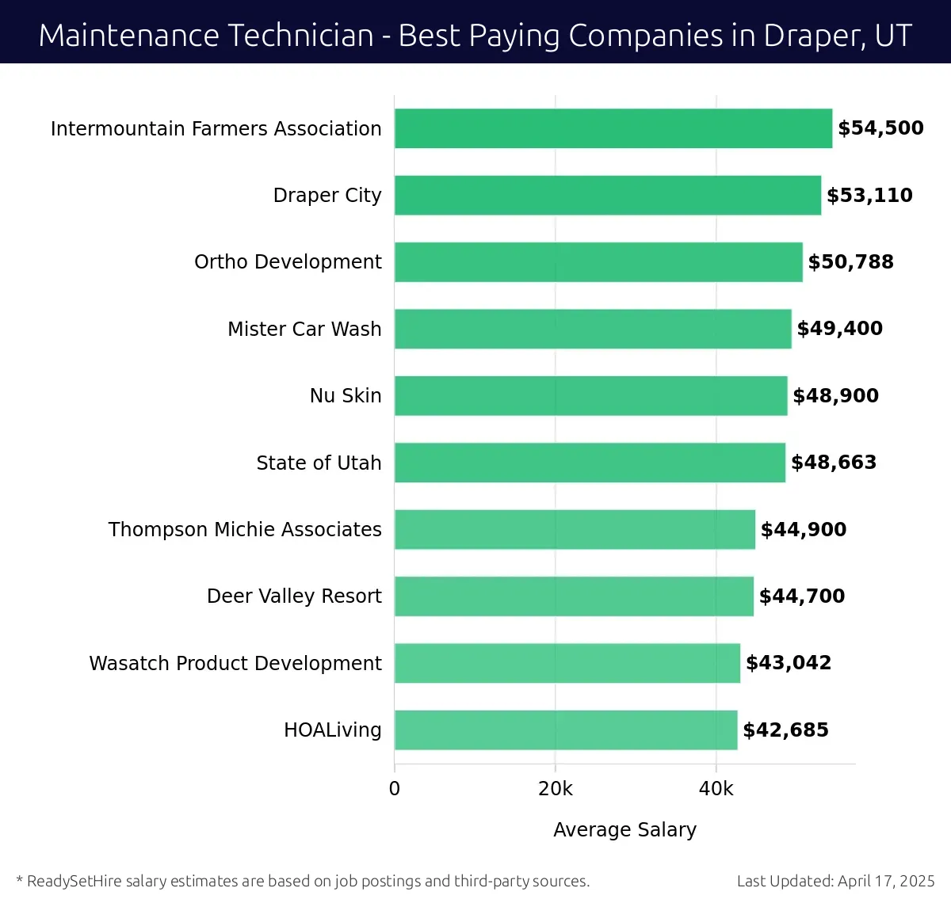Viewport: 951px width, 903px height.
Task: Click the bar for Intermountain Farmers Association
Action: pos(613,128)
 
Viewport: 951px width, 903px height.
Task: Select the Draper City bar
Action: pos(608,195)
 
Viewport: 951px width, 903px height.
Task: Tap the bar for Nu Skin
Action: pos(591,395)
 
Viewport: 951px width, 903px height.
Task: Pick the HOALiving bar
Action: pos(566,730)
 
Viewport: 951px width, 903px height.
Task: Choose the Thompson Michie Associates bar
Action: pos(575,529)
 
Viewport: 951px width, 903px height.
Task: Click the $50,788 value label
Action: pos(850,262)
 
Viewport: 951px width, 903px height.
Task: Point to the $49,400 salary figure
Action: pos(839,329)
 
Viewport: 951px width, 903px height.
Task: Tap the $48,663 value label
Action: pos(834,463)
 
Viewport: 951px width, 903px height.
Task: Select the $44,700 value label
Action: pos(802,596)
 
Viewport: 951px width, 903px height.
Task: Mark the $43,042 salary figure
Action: pos(789,663)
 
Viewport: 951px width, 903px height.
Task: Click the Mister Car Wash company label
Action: pos(304,329)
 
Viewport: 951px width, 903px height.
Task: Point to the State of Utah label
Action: pos(319,463)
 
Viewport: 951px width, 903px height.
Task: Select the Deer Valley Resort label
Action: pos(294,596)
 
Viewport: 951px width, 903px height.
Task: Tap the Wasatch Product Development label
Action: pos(235,663)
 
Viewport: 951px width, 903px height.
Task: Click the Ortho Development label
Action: pos(288,262)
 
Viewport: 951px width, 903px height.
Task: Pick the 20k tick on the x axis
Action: pos(556,789)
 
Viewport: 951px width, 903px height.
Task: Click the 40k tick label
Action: pos(716,789)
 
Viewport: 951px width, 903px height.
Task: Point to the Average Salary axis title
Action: pos(624,829)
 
